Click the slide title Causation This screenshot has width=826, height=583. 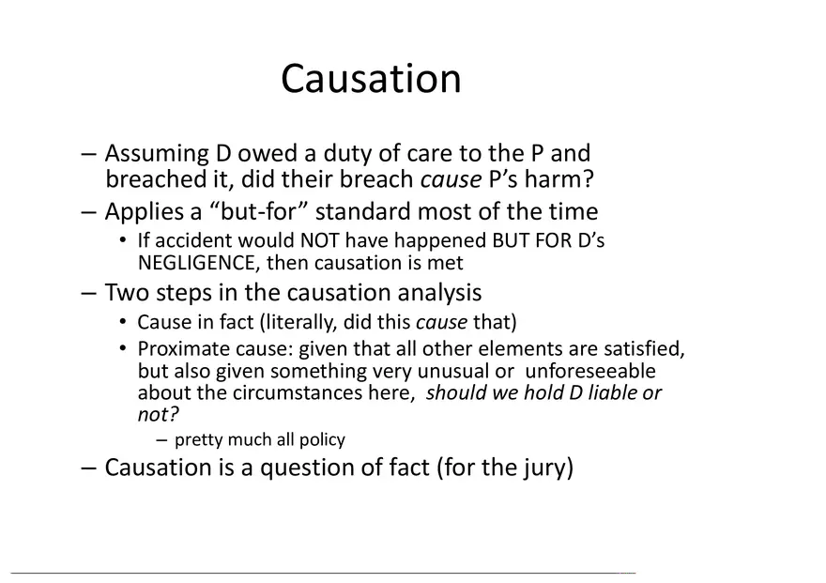click(x=371, y=79)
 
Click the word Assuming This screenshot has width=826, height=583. click(x=156, y=154)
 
